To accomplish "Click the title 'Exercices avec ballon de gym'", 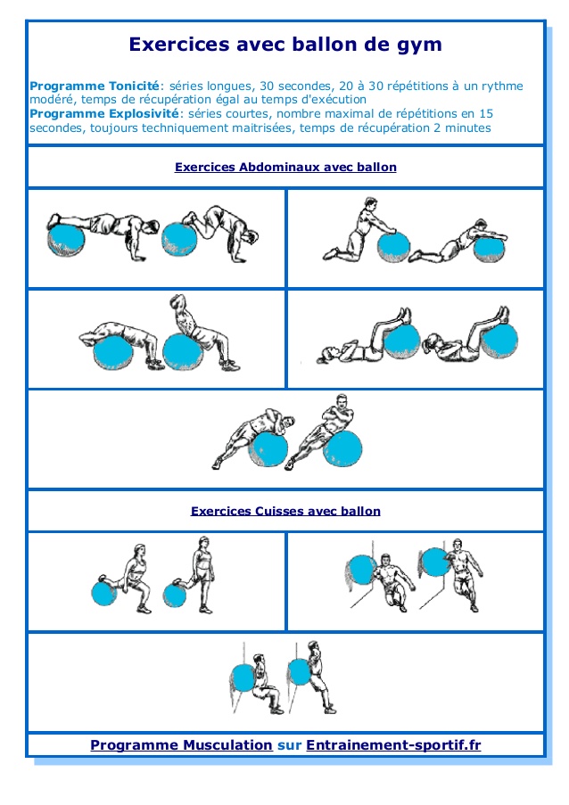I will [284, 45].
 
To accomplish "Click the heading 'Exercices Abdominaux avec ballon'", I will [285, 167].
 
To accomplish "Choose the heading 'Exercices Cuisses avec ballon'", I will [285, 511].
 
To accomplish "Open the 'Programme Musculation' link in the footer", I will [181, 744].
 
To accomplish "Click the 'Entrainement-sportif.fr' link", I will [393, 744].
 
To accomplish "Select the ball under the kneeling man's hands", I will [392, 246].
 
